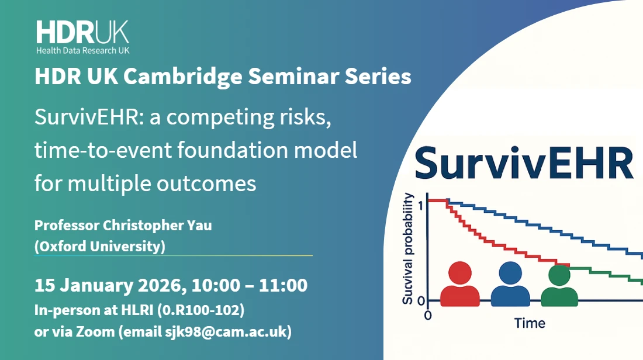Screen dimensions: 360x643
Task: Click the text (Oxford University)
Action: pyautogui.click(x=100, y=247)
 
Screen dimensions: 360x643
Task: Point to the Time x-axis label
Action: pyautogui.click(x=530, y=323)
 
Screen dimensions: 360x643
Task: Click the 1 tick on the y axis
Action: pyautogui.click(x=422, y=205)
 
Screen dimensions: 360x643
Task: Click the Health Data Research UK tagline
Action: pyautogui.click(x=82, y=51)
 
